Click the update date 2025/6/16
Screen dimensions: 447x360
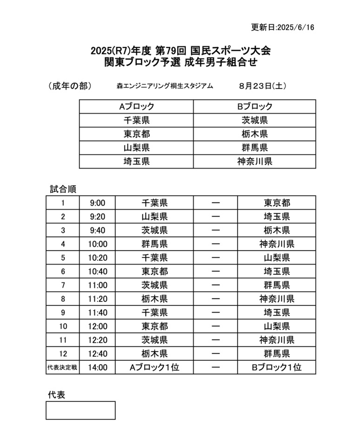tap(283, 27)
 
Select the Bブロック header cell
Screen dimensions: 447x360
tap(255, 107)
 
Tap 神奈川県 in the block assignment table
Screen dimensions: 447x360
tap(255, 162)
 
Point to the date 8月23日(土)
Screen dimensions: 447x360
tap(263, 86)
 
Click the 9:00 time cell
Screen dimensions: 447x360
tap(98, 203)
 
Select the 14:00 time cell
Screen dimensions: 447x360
tap(98, 367)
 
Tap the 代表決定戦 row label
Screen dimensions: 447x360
tap(62, 367)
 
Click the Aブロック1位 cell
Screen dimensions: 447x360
tap(154, 367)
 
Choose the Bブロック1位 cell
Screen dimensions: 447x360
tap(277, 367)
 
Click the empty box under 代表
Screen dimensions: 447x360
tap(80, 410)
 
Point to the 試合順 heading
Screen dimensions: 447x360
tap(63, 190)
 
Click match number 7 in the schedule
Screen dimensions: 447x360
tap(63, 285)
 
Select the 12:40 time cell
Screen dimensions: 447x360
tap(98, 353)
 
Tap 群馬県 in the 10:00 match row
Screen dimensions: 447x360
tap(154, 244)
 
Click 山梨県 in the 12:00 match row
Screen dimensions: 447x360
tap(277, 326)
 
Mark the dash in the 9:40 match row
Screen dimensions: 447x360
tap(215, 230)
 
